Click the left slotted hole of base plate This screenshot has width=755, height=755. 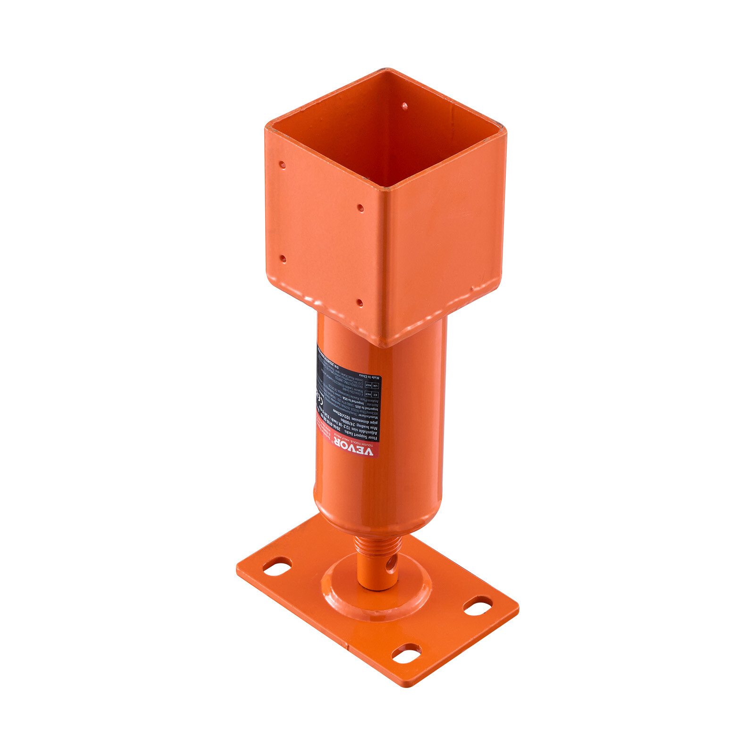click(277, 566)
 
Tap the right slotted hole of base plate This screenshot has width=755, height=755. click(478, 605)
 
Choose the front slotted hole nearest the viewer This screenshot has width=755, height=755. click(407, 654)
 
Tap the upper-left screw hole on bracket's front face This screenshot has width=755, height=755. click(282, 165)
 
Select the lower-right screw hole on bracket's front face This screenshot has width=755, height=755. click(359, 302)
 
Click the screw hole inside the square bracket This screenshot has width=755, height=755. click(404, 107)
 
